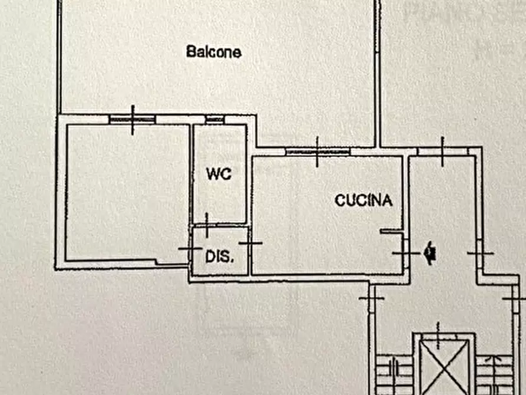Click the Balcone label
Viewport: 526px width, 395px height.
click(213, 52)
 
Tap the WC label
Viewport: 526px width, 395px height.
click(219, 174)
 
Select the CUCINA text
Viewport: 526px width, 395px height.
click(363, 200)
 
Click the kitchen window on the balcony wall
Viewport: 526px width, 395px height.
click(317, 152)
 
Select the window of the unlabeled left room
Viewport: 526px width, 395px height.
click(133, 119)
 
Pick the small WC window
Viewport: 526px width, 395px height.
click(215, 120)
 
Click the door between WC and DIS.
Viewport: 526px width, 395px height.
click(207, 224)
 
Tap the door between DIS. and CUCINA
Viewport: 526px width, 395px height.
click(250, 243)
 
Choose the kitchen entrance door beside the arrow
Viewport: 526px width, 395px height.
click(405, 253)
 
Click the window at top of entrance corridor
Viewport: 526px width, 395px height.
click(442, 151)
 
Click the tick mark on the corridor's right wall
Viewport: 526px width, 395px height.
click(480, 253)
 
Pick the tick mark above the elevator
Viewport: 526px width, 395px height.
click(438, 328)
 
